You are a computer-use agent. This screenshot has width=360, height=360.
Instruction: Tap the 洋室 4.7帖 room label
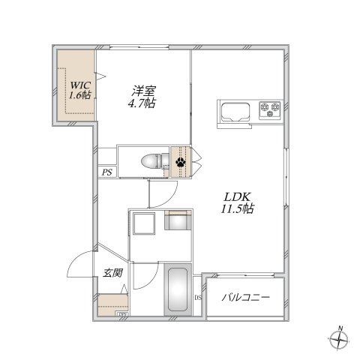141,97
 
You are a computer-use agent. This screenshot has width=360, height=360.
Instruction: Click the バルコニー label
246,298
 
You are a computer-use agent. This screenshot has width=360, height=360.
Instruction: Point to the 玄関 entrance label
112,273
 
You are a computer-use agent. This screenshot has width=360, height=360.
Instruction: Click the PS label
107,172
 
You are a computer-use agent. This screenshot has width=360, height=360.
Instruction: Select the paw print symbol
181,160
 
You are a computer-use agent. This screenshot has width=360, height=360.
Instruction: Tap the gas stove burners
268,110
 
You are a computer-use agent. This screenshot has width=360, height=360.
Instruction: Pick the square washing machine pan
144,224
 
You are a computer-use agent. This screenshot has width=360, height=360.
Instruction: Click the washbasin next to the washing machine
178,221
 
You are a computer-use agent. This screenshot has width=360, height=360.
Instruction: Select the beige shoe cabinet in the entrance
112,304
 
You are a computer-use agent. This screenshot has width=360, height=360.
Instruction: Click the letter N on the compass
339,328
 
